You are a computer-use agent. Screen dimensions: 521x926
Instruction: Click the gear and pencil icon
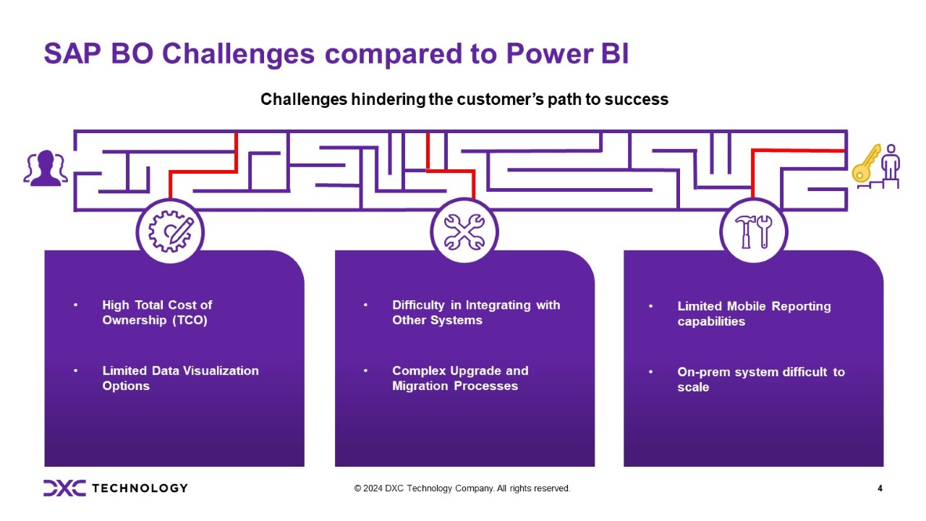[x=170, y=232]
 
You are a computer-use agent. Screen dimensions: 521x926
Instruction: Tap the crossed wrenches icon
[x=464, y=232]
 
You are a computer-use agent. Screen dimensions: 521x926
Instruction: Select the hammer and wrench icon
[x=753, y=232]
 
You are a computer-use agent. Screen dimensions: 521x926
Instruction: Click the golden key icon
[x=865, y=164]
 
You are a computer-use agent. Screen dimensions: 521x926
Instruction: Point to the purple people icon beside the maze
[x=46, y=169]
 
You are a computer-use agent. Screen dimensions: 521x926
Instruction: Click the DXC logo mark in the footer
[x=64, y=488]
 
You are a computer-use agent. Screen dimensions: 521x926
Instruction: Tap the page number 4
[x=880, y=488]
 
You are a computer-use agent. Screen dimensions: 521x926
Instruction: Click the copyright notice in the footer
[x=462, y=488]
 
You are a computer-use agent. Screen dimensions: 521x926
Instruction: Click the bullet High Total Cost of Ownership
[x=157, y=313]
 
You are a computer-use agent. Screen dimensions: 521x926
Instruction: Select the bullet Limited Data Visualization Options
[x=180, y=378]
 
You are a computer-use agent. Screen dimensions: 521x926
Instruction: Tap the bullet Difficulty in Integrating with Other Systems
[x=475, y=313]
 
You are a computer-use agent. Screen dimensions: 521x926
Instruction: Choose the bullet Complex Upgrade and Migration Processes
[x=459, y=378]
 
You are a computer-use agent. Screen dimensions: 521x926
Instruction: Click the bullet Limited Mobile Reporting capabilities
[x=753, y=313]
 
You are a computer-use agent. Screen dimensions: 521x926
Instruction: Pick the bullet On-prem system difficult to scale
[x=760, y=379]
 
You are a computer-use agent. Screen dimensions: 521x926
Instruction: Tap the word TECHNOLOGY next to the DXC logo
[x=140, y=488]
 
